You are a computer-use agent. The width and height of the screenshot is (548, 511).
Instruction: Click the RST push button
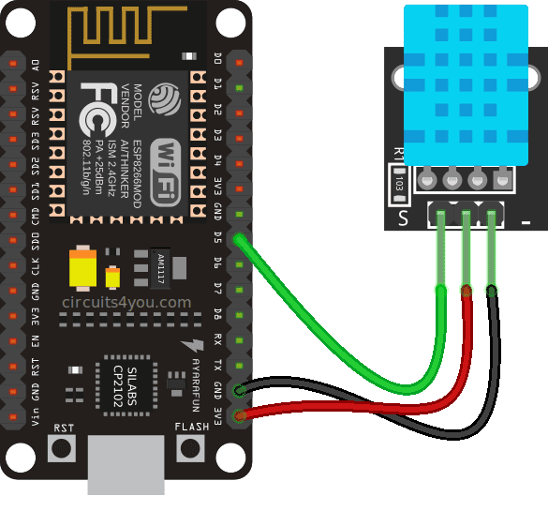(62, 448)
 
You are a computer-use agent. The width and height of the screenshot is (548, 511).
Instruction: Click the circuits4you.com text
(126, 303)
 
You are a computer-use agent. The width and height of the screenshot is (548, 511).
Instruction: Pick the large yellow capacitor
(85, 269)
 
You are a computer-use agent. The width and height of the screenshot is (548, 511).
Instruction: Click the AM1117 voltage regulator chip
(160, 268)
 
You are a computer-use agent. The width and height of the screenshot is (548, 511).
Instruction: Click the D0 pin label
(218, 64)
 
